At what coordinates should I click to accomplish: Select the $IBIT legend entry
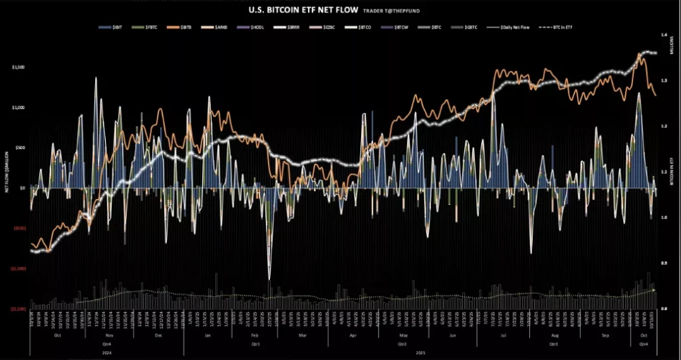[x=104, y=28]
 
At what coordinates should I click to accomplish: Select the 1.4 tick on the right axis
[x=663, y=34]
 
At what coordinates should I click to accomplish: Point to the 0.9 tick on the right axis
[x=663, y=263]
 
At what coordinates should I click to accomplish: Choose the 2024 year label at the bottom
[x=107, y=352]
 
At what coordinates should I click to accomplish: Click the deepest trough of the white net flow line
[x=269, y=279]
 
